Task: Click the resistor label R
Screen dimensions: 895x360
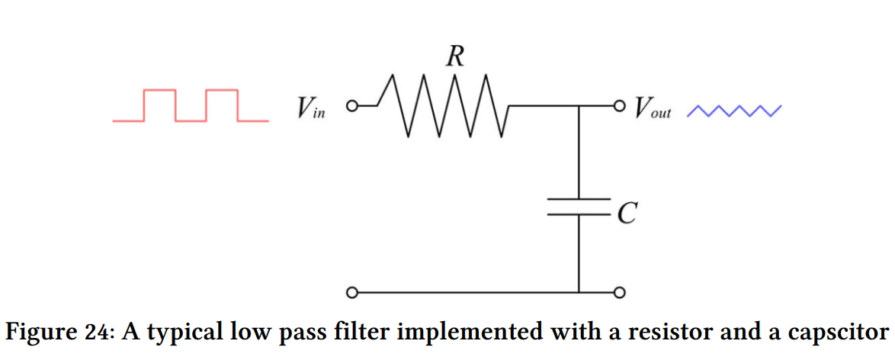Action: tap(454, 56)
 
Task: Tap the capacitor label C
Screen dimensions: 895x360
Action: tap(627, 215)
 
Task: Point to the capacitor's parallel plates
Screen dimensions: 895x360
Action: tap(579, 207)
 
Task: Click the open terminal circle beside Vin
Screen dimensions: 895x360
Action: tap(352, 106)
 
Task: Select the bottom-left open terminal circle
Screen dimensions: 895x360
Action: tap(352, 293)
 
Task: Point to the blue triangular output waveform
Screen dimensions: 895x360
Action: tap(734, 111)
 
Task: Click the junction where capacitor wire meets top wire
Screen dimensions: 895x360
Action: tap(579, 106)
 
